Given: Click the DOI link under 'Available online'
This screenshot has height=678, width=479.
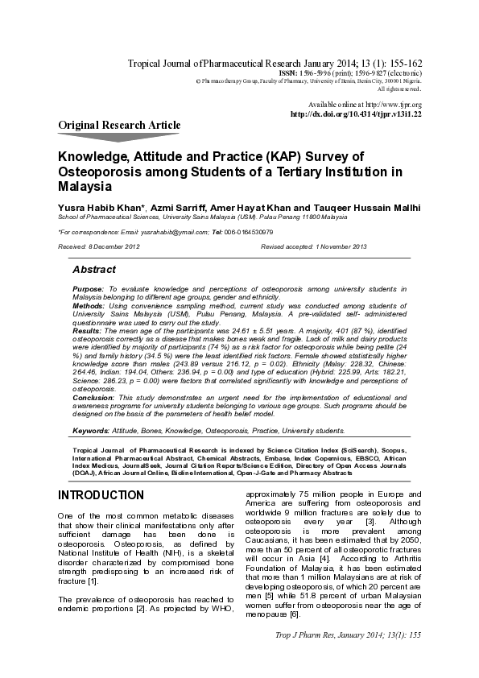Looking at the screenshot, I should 355,114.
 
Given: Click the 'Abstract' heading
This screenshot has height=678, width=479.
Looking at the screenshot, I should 94,270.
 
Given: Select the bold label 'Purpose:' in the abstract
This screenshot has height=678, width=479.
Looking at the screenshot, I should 88,288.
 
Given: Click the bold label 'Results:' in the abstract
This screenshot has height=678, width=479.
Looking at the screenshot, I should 87,331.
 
